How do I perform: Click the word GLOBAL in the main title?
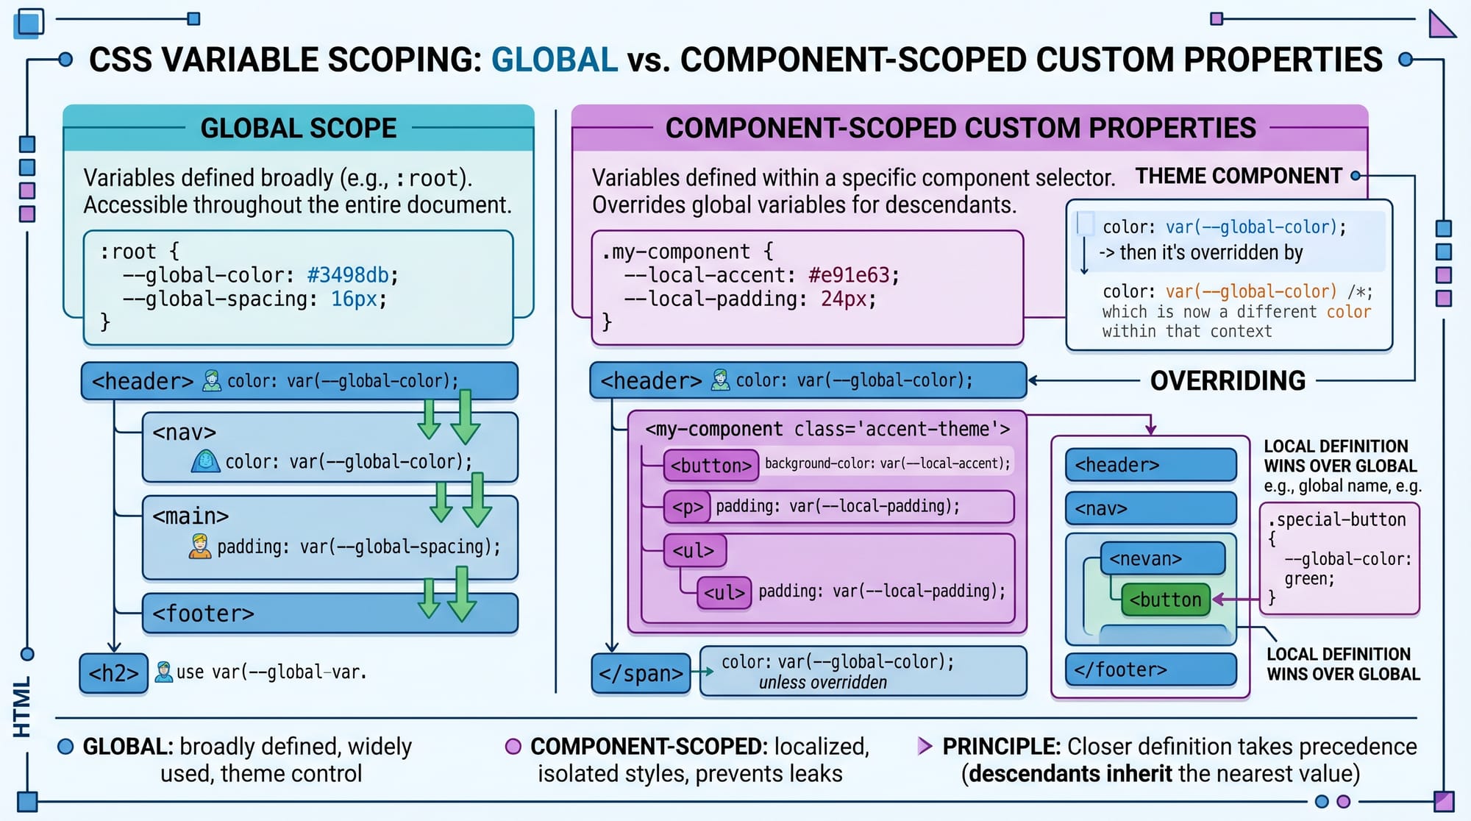554,60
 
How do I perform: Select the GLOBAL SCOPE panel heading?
298,128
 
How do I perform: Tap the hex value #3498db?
348,275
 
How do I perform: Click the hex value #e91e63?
849,275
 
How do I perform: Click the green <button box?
1165,600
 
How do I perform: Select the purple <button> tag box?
710,465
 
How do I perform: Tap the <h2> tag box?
113,673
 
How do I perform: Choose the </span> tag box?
641,673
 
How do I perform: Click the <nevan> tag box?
1162,559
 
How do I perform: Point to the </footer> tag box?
1150,669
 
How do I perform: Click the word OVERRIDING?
1228,380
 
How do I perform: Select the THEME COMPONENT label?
1239,176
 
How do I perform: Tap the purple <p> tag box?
687,507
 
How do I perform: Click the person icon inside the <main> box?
199,546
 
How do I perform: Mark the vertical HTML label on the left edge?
22,707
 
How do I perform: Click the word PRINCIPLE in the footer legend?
1000,746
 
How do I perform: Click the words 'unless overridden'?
822,683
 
